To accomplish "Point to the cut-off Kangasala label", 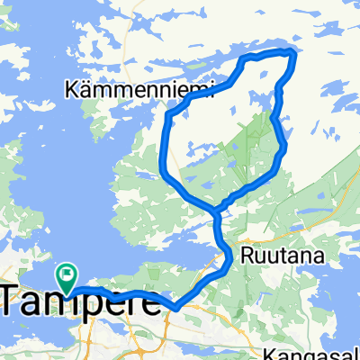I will coord(323,353).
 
